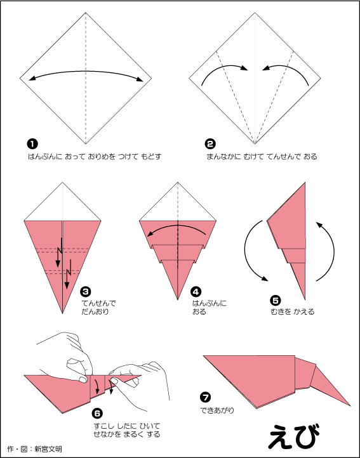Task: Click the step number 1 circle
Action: coord(32,144)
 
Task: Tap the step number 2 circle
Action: coord(210,144)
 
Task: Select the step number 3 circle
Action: coord(86,292)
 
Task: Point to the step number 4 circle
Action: coord(196,292)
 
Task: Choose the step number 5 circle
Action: coord(275,300)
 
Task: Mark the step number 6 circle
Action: coord(97,414)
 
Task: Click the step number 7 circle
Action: coord(205,397)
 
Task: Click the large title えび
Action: coord(293,436)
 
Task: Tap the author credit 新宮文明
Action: coord(48,449)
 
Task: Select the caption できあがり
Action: coord(217,410)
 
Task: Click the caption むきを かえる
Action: coord(293,311)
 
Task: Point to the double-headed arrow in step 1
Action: coord(86,71)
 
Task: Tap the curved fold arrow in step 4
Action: coord(177,225)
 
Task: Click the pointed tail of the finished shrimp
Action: coord(350,405)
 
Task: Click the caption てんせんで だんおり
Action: coord(98,308)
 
